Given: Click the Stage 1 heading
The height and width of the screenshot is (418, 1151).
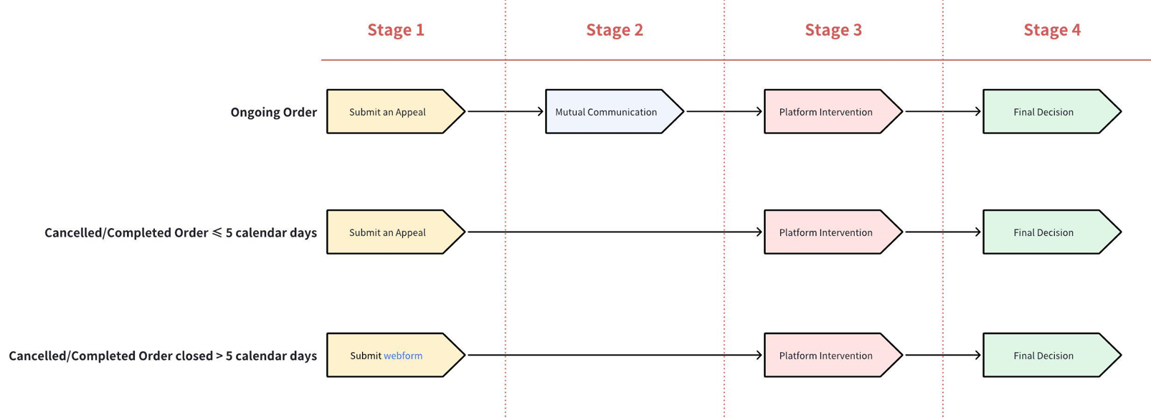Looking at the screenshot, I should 396,29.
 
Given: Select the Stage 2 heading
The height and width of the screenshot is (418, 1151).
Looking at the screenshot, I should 615,29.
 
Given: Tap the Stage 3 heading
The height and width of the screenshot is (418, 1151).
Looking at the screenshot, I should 833,29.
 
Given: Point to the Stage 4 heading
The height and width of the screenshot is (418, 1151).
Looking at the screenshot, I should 1052,29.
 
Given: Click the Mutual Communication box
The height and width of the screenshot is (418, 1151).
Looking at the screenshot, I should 607,112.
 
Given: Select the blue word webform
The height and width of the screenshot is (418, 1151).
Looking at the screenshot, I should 403,356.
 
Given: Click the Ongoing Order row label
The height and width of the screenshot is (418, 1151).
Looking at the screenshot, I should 273,112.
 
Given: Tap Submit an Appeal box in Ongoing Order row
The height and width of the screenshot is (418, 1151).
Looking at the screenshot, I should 388,112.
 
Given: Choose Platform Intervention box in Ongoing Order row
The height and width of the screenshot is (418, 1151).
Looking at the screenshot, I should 826,112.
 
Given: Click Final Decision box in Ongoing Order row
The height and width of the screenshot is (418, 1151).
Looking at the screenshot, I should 1044,112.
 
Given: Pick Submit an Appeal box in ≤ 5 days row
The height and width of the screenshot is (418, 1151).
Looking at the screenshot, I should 388,232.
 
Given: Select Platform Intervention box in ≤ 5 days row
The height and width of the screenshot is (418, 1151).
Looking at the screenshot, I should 826,232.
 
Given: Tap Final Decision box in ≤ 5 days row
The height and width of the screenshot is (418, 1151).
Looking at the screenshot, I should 1044,232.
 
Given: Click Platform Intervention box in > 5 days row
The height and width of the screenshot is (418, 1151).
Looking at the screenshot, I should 826,356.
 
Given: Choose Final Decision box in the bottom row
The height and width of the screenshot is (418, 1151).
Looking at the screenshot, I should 1044,356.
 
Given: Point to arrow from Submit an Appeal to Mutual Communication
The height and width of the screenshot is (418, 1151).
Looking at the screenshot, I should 505,111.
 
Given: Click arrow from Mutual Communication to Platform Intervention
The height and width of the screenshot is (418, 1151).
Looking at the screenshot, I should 724,111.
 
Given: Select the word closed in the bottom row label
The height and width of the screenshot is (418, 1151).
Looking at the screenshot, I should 194,356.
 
